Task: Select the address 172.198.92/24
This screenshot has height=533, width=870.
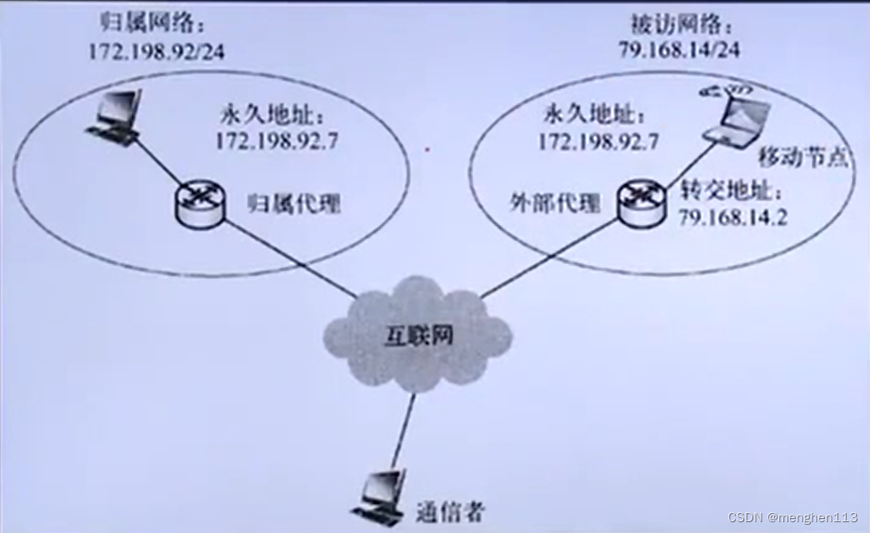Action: (x=157, y=50)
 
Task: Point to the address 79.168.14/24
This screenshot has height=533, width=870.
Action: (x=678, y=49)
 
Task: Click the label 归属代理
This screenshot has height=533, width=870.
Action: (x=294, y=203)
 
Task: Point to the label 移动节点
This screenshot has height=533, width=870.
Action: (x=802, y=157)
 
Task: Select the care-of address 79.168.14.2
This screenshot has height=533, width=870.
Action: (x=732, y=218)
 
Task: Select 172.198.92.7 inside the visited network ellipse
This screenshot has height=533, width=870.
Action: (x=597, y=141)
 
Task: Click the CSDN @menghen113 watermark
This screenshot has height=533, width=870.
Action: (x=792, y=517)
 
